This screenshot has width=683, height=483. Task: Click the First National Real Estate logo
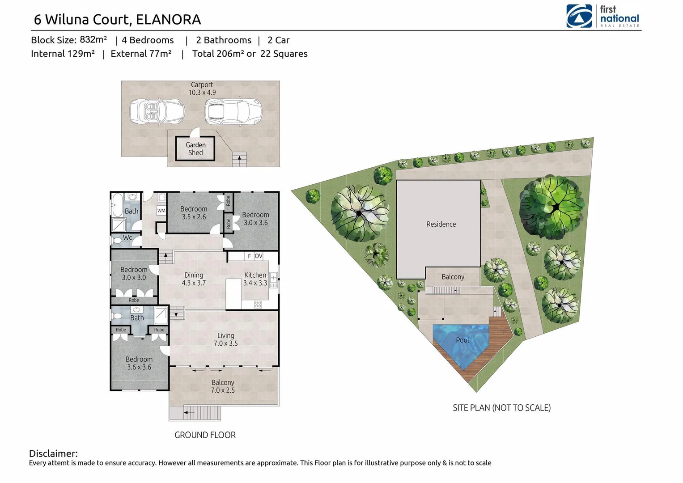(602, 17)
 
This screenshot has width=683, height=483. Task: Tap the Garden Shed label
(195, 149)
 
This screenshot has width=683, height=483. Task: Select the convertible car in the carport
(157, 112)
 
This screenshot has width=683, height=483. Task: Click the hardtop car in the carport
(233, 112)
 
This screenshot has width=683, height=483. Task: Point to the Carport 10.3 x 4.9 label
(202, 89)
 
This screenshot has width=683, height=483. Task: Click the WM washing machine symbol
(161, 211)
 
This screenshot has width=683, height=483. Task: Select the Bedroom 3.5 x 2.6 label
(194, 213)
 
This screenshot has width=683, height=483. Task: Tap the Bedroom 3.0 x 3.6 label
(255, 219)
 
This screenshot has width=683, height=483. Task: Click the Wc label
(127, 237)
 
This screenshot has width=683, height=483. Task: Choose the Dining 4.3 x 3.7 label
(194, 279)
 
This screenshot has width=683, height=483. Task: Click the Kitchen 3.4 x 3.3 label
(255, 279)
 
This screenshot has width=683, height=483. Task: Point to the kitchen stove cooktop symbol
(258, 305)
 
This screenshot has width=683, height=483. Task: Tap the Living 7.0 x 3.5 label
(225, 339)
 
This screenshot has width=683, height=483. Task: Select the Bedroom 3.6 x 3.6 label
(139, 363)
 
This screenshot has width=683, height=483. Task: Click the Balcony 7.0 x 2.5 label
(223, 386)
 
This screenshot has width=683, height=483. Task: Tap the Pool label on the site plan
(462, 340)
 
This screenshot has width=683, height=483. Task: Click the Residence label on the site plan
(441, 224)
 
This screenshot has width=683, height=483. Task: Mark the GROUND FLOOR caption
(205, 435)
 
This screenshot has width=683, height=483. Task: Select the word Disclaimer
(53, 453)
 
